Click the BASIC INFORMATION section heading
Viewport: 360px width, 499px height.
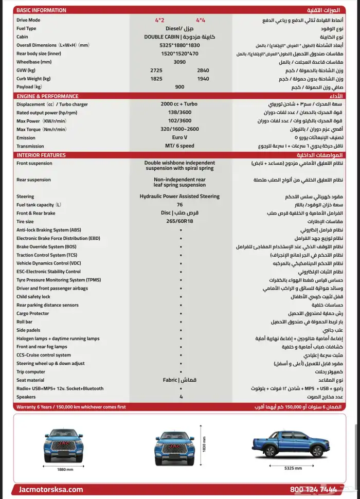pyautogui.click(x=41, y=10)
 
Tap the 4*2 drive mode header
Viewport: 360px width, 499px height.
pyautogui.click(x=159, y=20)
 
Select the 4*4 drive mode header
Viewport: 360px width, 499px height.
pyautogui.click(x=201, y=20)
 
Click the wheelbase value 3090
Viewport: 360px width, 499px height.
pyautogui.click(x=179, y=62)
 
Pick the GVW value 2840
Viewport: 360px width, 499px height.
pyautogui.click(x=203, y=70)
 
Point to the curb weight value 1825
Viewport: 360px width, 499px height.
pyautogui.click(x=156, y=79)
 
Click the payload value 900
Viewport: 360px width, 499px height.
pyautogui.click(x=179, y=87)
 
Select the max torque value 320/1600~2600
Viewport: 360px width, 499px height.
pyautogui.click(x=179, y=129)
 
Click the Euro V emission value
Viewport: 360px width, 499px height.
pyautogui.click(x=179, y=138)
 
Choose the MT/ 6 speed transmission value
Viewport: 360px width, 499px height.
pyautogui.click(x=179, y=146)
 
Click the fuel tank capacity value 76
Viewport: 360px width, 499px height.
pyautogui.click(x=179, y=205)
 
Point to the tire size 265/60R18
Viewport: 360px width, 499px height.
pyautogui.click(x=179, y=221)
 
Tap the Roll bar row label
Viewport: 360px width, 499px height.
pyautogui.click(x=25, y=322)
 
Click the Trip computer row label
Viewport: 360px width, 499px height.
pyautogui.click(x=31, y=372)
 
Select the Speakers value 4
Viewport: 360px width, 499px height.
pyautogui.click(x=181, y=397)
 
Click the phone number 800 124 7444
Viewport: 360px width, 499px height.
pyautogui.click(x=314, y=490)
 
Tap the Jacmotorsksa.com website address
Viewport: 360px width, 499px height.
pyautogui.click(x=50, y=490)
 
